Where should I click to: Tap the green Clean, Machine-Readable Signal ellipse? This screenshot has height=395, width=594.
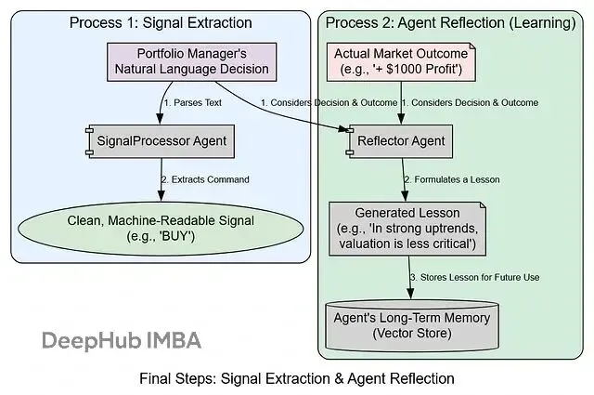pyautogui.click(x=156, y=226)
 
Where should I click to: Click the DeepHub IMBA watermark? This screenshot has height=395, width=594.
pyautogui.click(x=121, y=339)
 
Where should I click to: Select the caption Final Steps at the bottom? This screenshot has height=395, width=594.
pyautogui.click(x=296, y=378)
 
